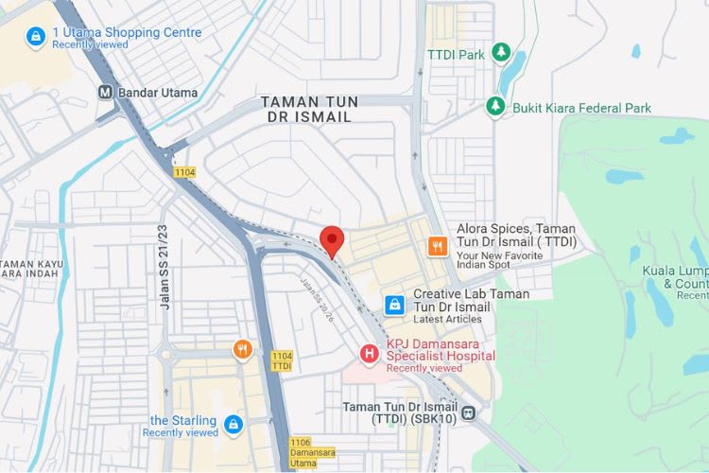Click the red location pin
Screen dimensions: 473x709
[330, 239]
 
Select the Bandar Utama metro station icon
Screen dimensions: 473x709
[106, 93]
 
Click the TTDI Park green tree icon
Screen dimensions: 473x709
[502, 54]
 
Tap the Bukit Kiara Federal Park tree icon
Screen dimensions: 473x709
[495, 107]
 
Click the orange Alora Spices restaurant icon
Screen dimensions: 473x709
[437, 246]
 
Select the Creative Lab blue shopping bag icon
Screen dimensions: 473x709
[394, 305]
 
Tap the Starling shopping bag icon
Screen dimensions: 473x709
[233, 426]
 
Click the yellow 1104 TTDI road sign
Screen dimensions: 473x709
[282, 360]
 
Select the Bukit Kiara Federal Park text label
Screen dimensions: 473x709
[581, 108]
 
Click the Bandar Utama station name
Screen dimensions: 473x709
[158, 93]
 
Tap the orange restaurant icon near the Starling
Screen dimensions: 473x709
[243, 350]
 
